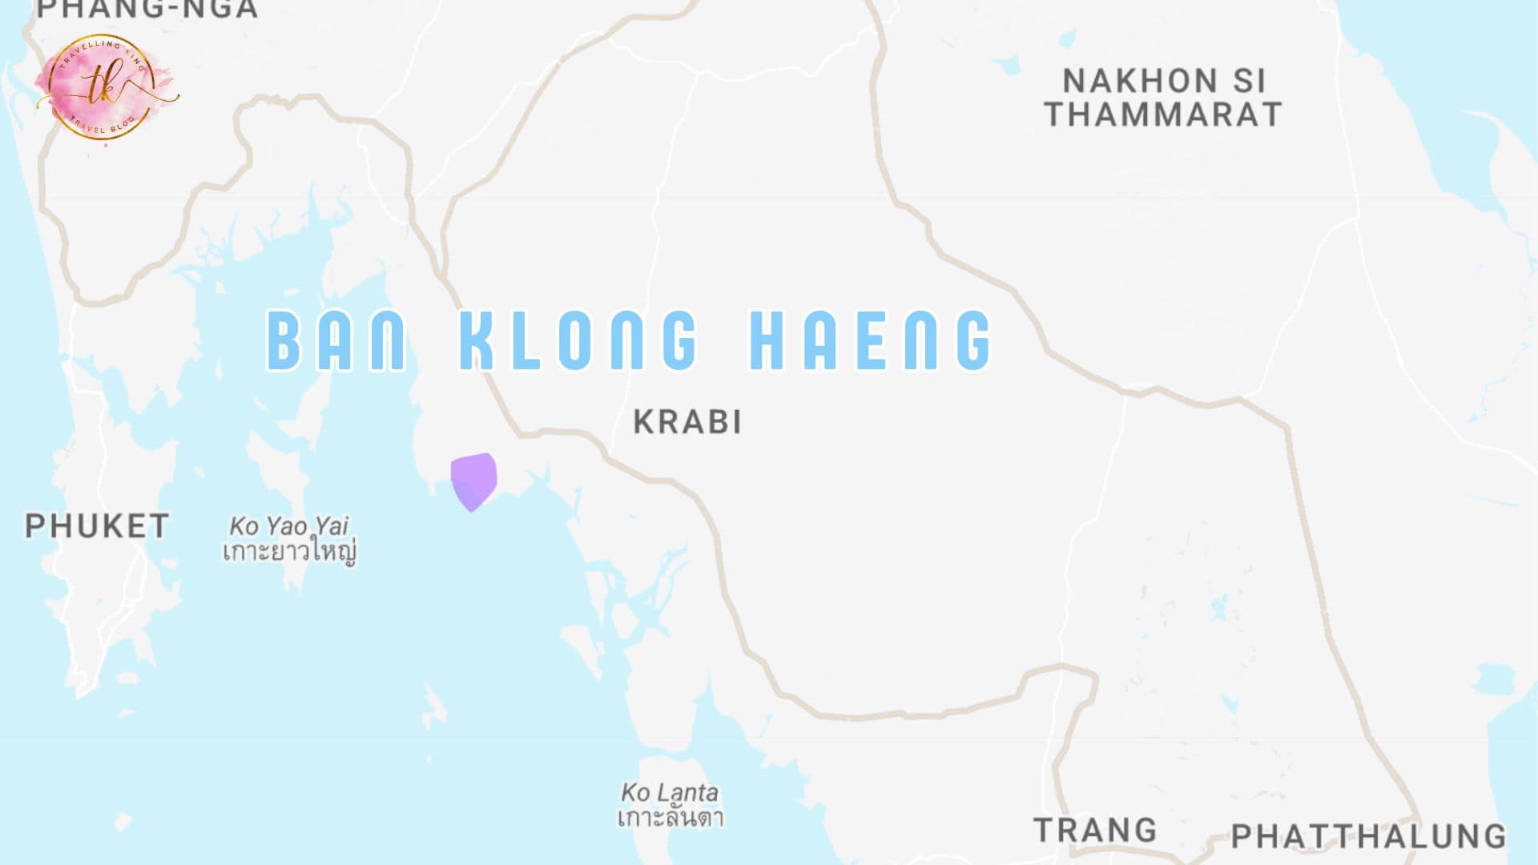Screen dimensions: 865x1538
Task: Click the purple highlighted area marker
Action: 473,480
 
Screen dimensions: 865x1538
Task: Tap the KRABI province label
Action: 687,422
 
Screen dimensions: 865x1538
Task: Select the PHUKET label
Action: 97,526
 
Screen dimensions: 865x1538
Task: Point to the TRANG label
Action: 1095,830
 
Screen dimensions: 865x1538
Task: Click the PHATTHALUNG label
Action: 1368,836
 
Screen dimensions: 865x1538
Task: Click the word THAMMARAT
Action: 1163,115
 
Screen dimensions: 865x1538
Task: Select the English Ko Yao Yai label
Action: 289,526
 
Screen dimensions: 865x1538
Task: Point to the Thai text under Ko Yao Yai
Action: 289,552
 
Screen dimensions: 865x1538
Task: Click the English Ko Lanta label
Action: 670,793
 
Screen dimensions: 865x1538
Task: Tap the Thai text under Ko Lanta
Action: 670,818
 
